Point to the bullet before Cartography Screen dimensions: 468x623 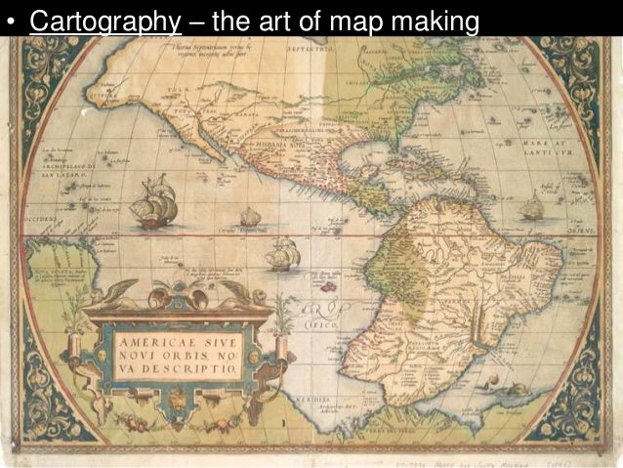(x=12, y=21)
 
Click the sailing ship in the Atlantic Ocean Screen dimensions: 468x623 (x=532, y=208)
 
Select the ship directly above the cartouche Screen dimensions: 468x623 (x=280, y=255)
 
